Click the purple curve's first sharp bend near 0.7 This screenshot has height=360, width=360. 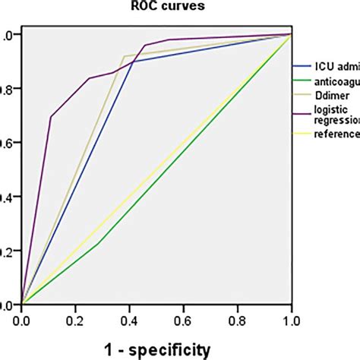(x=51, y=116)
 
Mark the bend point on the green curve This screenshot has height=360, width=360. (x=97, y=243)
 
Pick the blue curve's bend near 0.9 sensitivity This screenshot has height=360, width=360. (x=134, y=62)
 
